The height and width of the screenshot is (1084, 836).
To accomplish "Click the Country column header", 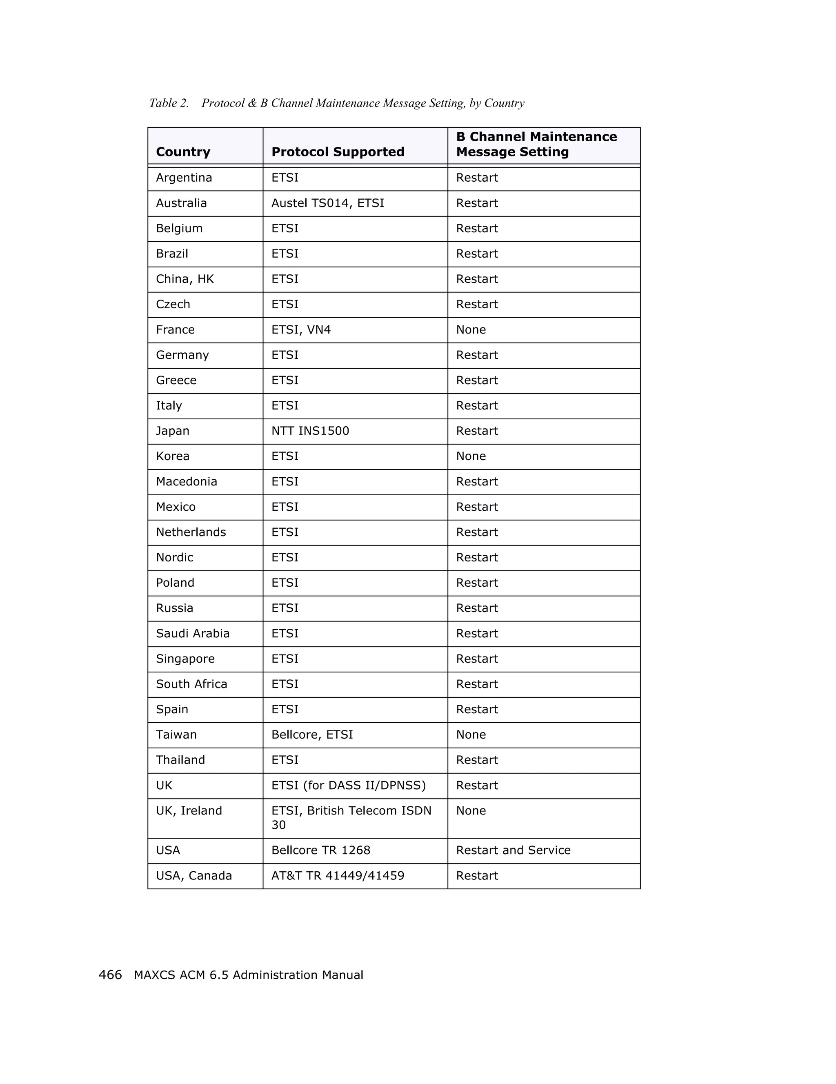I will (x=182, y=152).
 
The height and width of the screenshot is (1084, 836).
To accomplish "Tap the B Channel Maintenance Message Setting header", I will (x=536, y=145).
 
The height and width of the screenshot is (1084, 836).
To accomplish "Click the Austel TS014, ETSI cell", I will (x=327, y=203).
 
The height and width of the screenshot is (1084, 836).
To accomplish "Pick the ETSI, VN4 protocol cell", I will (x=301, y=329).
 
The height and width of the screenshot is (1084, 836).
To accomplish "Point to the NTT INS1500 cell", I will (x=310, y=431).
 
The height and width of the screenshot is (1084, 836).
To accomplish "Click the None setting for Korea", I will (x=471, y=456).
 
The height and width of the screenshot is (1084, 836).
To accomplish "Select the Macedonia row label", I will (x=186, y=481).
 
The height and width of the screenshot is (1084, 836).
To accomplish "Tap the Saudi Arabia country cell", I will (x=193, y=633).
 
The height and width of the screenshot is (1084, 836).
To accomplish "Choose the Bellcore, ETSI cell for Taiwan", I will (x=312, y=735).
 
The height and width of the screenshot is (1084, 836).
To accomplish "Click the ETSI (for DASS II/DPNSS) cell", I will (x=348, y=785).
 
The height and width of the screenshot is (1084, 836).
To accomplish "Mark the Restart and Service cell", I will (x=513, y=850).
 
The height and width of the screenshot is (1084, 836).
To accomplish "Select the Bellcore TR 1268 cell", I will (x=320, y=850).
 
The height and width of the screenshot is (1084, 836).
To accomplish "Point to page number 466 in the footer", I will (x=110, y=975).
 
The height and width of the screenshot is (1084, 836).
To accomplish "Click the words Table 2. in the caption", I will (x=169, y=103).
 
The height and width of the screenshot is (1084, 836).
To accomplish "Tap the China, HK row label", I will (x=185, y=279).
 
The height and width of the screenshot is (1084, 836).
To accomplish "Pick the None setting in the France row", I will (x=471, y=329).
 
